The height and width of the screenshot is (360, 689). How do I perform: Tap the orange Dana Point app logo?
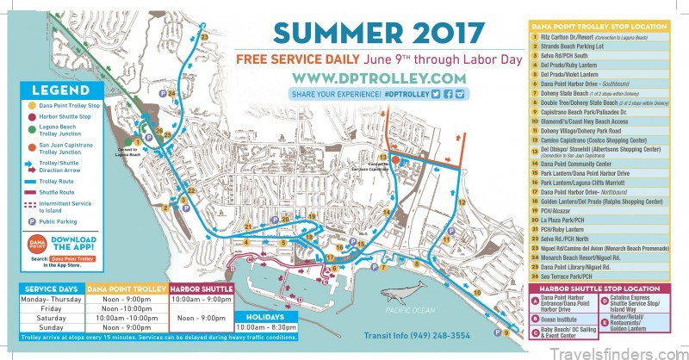(x=37, y=243)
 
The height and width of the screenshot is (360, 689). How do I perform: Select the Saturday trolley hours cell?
(x=132, y=317)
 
